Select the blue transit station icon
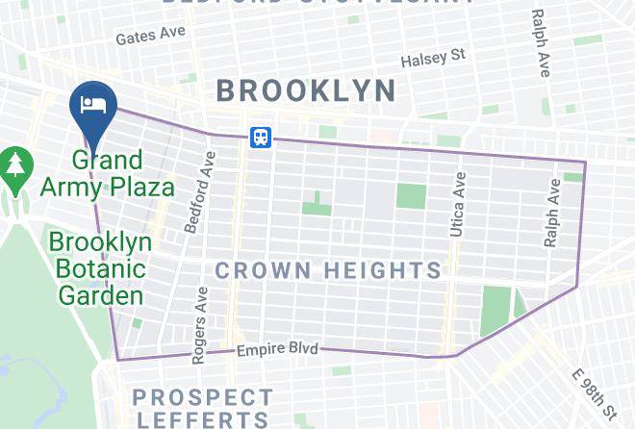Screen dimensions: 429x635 pos(260,137)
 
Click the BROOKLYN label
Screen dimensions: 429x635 pos(305,91)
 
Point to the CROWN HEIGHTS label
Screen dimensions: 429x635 pos(328,270)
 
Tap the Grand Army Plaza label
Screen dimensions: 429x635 pos(107,173)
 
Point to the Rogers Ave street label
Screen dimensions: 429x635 pos(198,325)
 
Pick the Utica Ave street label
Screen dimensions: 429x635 pos(458,204)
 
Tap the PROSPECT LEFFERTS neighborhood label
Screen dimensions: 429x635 pos(202,408)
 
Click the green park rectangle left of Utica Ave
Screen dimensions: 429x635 pos(411,195)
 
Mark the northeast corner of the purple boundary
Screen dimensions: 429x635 pos(585,162)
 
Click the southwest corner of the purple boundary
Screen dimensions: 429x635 pos(117,360)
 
